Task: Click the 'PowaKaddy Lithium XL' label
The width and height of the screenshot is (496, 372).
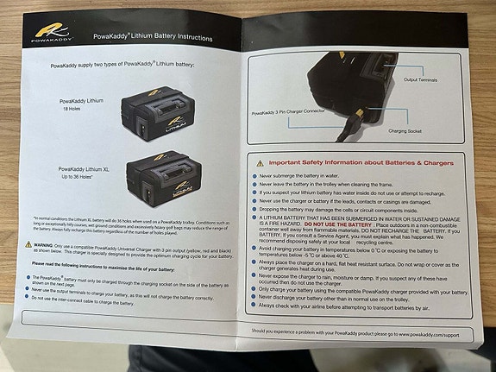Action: (84, 170)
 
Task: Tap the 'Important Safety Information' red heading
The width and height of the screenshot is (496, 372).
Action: (363, 161)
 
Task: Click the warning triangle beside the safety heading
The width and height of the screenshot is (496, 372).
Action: (261, 162)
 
